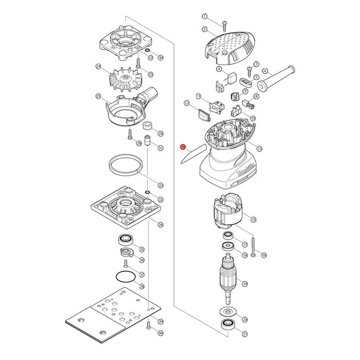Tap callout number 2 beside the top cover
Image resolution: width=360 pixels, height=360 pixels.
coord(205,29)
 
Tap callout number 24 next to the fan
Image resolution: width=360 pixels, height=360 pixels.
coord(98,66)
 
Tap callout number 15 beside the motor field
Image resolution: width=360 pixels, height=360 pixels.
coord(253,219)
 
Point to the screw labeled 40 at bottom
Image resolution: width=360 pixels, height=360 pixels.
coord(148,324)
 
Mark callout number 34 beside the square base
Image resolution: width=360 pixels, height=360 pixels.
coord(161,224)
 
